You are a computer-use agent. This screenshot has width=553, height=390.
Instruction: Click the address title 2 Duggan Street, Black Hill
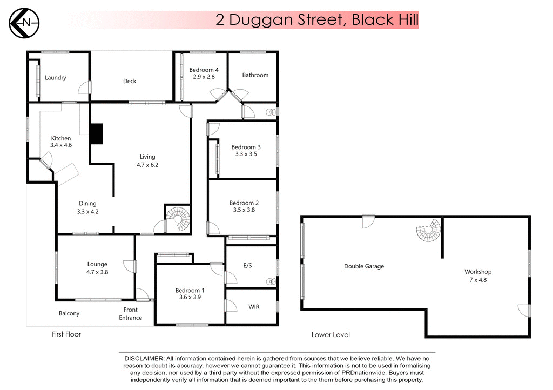(317, 21)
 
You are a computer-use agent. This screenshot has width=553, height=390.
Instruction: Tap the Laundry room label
(56, 78)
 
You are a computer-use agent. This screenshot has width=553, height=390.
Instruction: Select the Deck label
(130, 81)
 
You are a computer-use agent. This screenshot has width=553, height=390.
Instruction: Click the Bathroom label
(255, 75)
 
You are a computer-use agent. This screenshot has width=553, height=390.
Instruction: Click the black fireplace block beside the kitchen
(96, 133)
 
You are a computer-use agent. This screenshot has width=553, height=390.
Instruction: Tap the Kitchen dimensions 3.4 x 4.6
(60, 145)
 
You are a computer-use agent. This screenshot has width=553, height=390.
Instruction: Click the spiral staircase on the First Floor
(178, 219)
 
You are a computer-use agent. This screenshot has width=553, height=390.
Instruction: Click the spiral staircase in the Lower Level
(428, 233)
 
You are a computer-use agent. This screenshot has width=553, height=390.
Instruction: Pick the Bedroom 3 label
(246, 147)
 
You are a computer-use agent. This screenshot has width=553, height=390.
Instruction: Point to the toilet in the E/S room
(271, 282)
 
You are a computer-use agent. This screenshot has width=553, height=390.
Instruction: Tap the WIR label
(254, 307)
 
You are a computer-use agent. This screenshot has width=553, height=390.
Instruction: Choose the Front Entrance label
(131, 314)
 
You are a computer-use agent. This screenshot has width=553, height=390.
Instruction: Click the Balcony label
(69, 313)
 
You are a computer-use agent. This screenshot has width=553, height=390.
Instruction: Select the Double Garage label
(364, 266)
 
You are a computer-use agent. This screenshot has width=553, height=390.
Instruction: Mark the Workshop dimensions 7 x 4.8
(478, 280)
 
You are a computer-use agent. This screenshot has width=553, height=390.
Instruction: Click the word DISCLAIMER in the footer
(144, 359)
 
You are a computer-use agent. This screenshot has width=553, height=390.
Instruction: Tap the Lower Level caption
(331, 335)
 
